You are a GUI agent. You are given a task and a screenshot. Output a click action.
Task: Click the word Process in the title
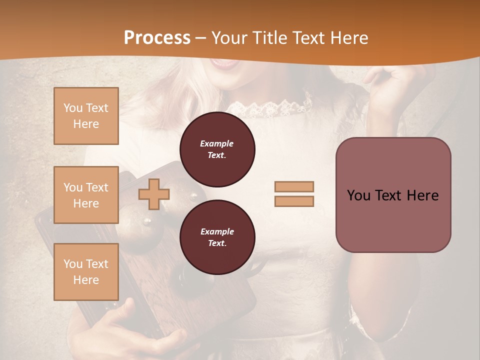click(x=157, y=38)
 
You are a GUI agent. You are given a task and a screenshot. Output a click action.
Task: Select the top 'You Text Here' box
click(x=86, y=116)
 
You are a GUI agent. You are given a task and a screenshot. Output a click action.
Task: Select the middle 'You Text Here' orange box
click(x=86, y=195)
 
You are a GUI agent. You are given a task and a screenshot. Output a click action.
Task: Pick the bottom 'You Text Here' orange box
click(x=86, y=272)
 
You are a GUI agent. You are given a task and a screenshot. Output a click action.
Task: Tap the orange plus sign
click(x=154, y=194)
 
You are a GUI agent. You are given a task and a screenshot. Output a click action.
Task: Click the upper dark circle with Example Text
click(x=217, y=149)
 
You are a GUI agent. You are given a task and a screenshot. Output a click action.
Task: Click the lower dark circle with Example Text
click(x=217, y=237)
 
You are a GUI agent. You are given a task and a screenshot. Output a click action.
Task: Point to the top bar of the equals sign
click(x=294, y=186)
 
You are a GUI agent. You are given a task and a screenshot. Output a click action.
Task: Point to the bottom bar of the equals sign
click(x=294, y=201)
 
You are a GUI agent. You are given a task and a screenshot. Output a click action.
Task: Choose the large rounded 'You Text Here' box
click(x=393, y=195)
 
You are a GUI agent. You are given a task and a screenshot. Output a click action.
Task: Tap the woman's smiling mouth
click(x=224, y=63)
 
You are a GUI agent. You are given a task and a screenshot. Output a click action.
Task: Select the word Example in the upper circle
click(x=217, y=143)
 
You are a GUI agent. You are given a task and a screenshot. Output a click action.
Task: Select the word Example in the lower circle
click(x=217, y=231)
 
